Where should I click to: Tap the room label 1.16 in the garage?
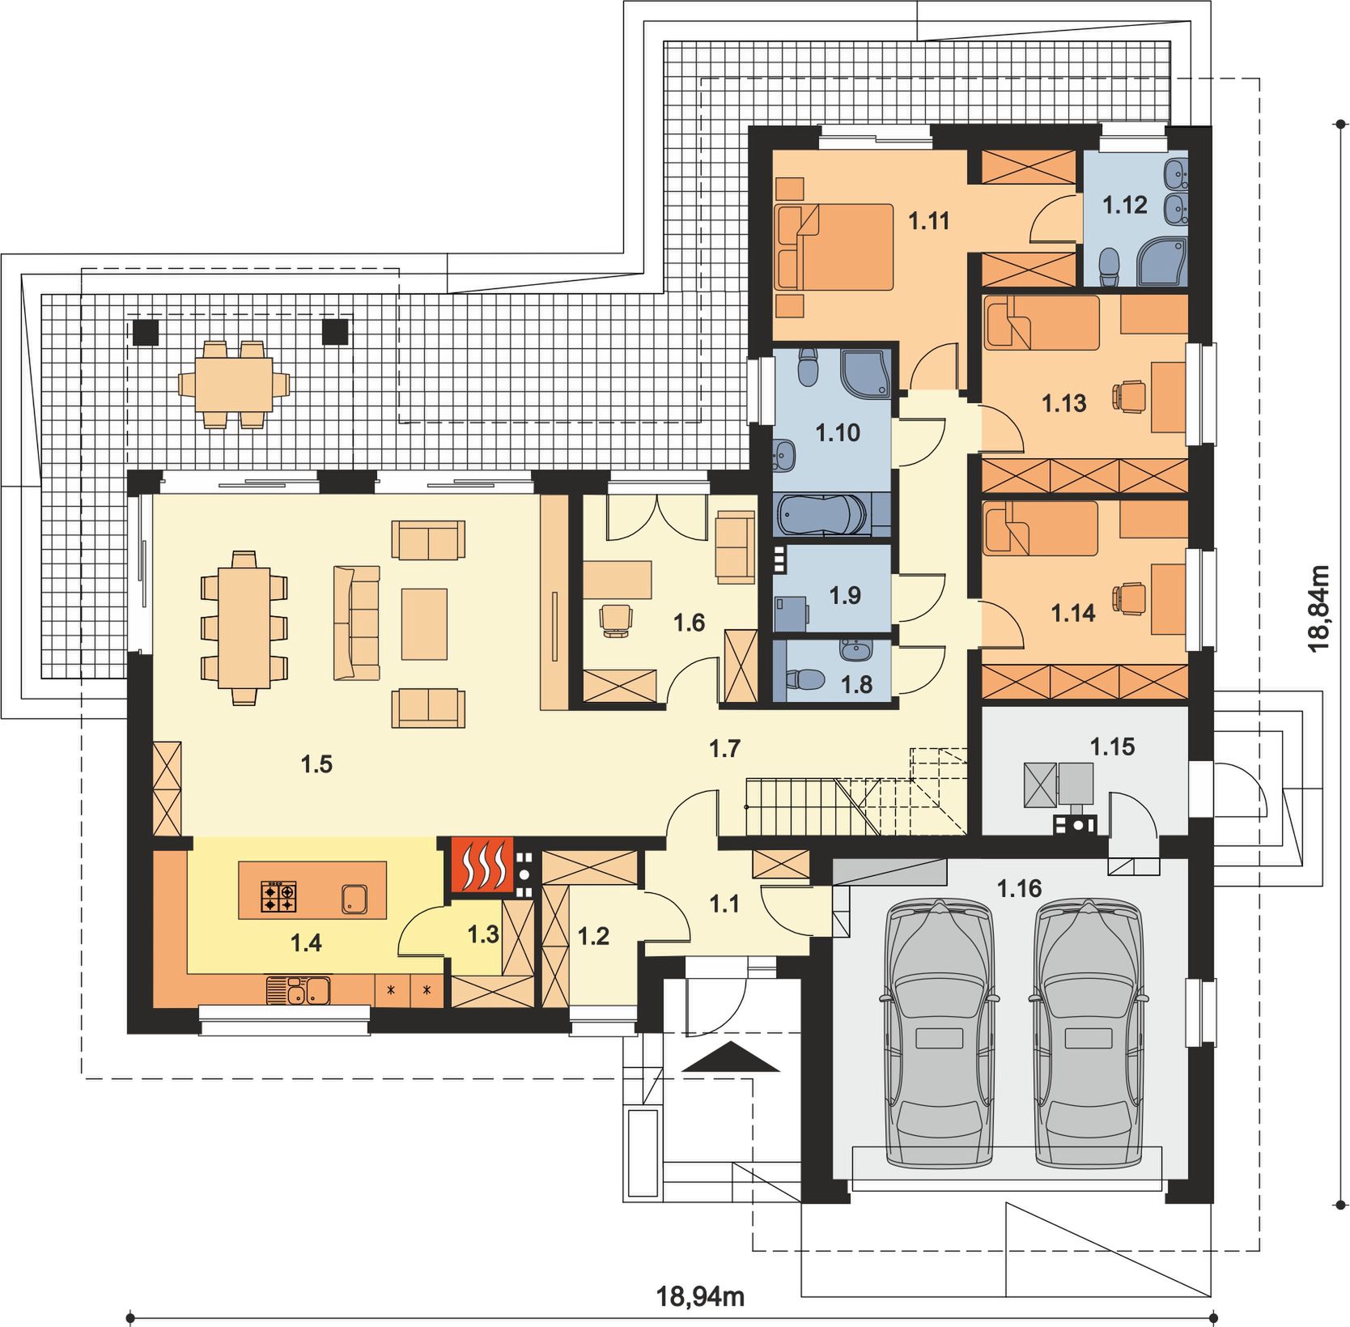(x=1018, y=889)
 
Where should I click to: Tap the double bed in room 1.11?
(x=834, y=246)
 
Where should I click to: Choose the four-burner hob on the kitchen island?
(x=278, y=897)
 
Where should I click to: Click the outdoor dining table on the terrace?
(x=233, y=384)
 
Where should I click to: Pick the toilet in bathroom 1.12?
(x=1110, y=266)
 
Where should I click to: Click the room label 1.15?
(x=1112, y=746)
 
